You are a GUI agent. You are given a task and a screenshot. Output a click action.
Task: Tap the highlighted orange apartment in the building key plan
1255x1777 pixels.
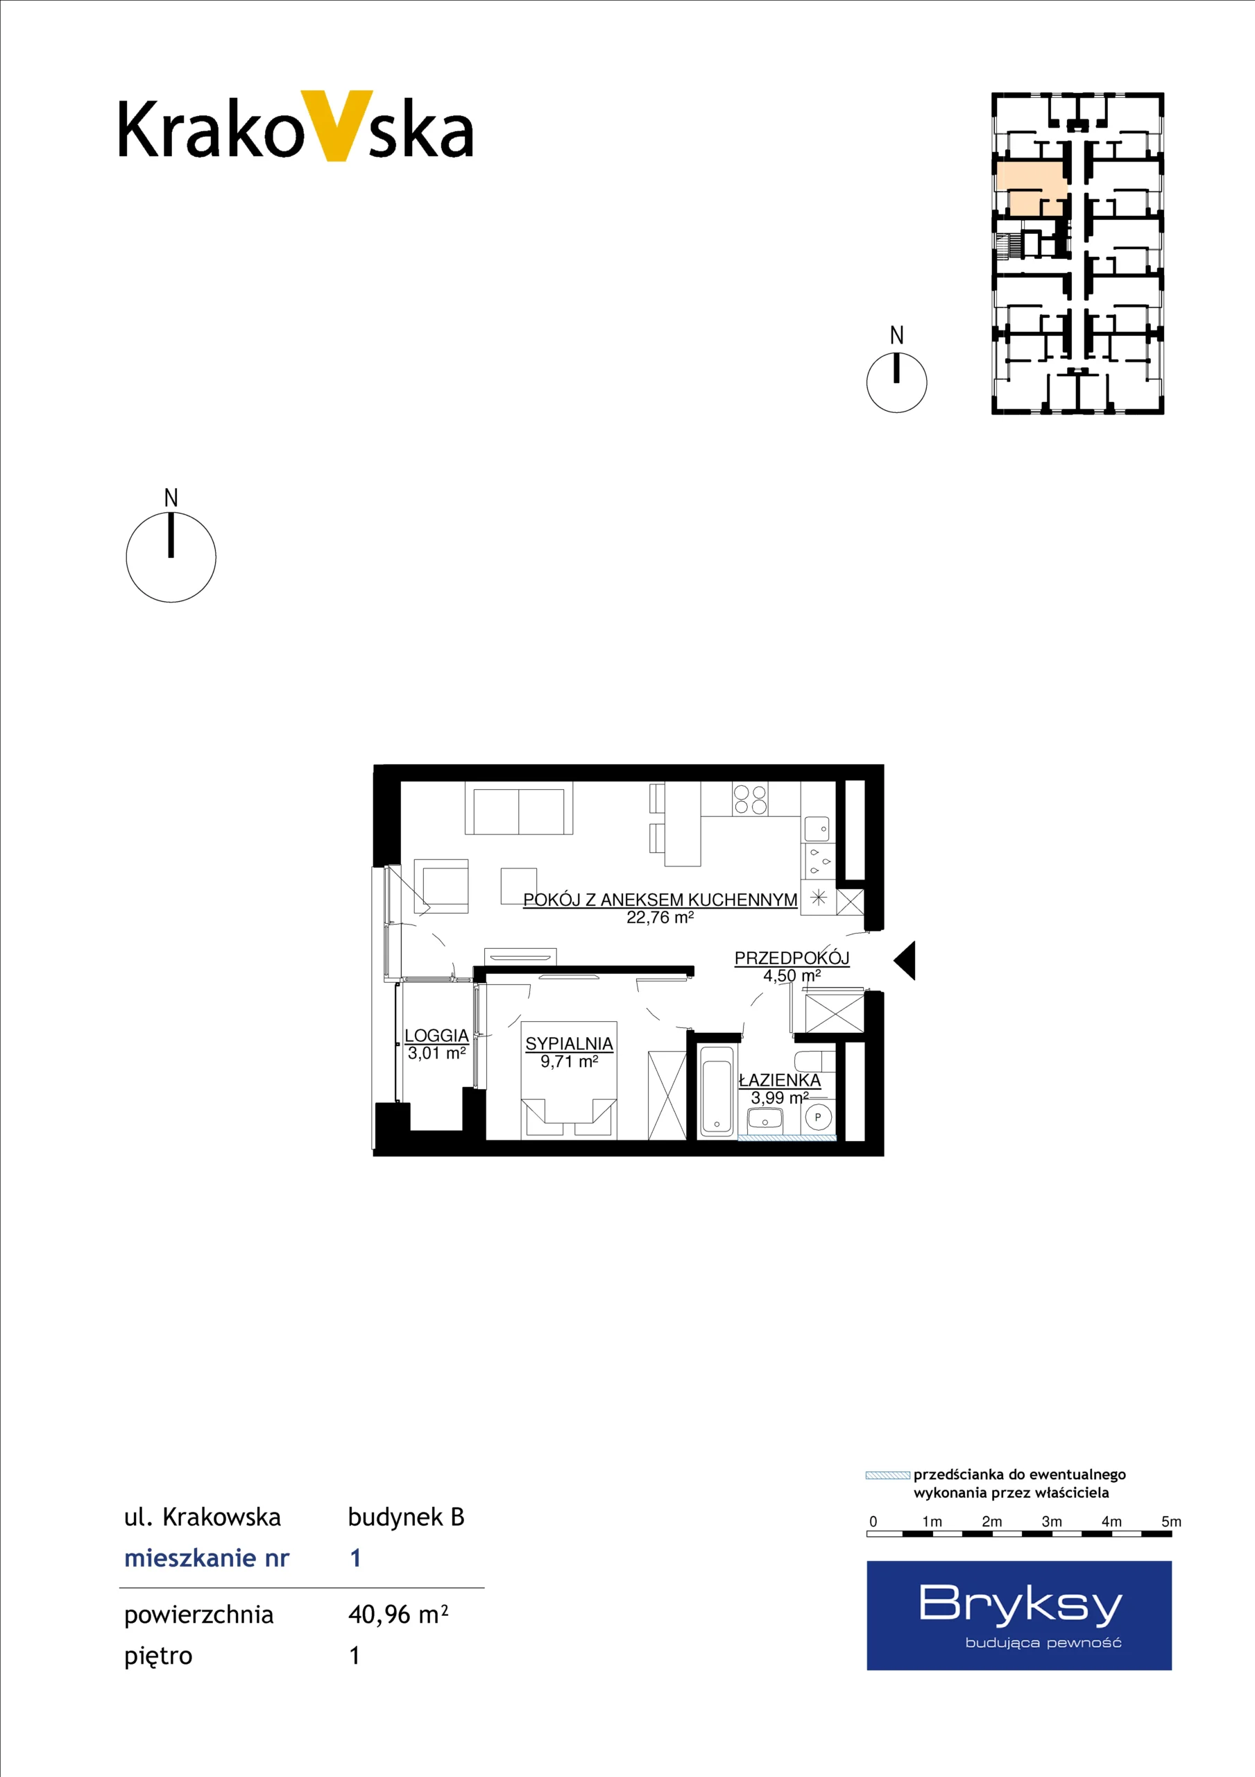point(1030,187)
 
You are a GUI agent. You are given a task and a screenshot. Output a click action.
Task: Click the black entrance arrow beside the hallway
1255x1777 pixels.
point(905,961)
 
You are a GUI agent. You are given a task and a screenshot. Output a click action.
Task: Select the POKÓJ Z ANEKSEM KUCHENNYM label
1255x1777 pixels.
point(660,900)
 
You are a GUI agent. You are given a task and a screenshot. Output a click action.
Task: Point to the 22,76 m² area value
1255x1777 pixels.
point(660,918)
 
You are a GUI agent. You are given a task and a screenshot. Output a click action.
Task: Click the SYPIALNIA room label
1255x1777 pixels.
point(569,1044)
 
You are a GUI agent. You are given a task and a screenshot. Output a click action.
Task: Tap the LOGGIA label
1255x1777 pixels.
point(436,1036)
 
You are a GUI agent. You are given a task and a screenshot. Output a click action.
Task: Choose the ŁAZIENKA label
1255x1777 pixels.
point(779,1081)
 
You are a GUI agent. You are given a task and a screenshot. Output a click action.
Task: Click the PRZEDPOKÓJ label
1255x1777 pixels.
point(792,958)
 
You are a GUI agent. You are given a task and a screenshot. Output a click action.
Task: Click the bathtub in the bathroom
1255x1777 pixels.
point(717,1091)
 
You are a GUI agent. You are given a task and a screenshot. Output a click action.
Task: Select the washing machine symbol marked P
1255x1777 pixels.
point(818,1118)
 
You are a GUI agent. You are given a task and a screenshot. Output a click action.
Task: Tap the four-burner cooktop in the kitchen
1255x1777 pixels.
point(750,799)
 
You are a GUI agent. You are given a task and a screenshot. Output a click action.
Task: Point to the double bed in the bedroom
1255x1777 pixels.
point(569,1081)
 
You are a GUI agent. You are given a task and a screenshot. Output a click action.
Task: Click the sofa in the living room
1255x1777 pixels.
point(518,808)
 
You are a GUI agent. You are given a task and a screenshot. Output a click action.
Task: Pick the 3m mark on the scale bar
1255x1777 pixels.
point(1052,1522)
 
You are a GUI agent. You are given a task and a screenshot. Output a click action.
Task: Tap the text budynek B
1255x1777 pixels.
point(407,1517)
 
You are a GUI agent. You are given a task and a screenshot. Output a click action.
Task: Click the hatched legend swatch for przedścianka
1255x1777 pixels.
point(887,1475)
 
